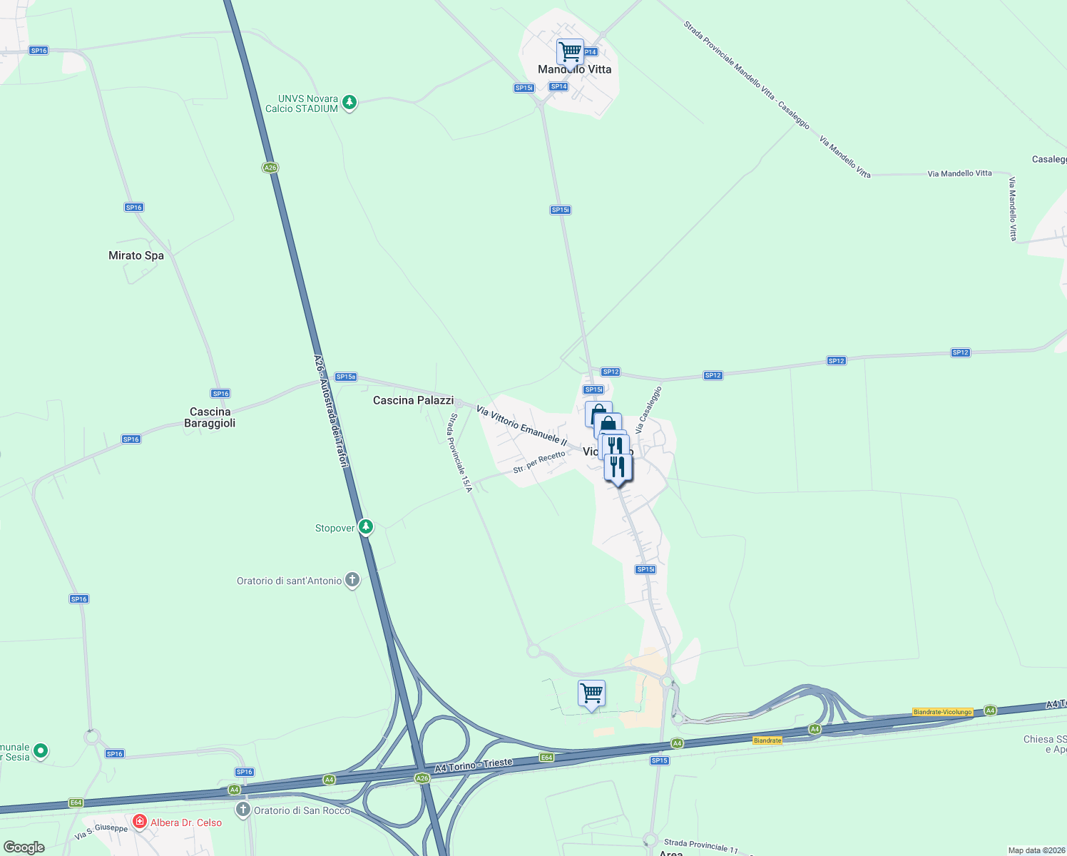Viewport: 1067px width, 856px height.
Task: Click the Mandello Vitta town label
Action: (574, 69)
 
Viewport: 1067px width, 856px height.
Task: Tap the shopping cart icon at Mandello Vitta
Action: (570, 52)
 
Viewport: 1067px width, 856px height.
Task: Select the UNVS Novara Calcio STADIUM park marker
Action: (349, 103)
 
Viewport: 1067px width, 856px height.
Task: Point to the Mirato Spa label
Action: (136, 255)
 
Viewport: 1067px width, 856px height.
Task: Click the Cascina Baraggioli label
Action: (210, 417)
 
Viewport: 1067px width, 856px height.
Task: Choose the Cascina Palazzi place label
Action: (413, 400)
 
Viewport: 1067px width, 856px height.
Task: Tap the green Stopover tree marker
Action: (366, 527)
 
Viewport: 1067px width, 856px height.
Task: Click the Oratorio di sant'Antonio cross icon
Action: (352, 580)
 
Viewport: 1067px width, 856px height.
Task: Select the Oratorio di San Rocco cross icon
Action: (243, 810)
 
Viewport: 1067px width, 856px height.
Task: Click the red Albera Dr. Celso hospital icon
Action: (139, 822)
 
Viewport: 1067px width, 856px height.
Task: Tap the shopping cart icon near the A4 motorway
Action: (591, 693)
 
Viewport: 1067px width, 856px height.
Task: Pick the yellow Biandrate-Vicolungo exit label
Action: (943, 712)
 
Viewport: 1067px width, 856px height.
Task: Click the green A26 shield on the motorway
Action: (270, 168)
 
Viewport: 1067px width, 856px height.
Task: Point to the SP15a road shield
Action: (346, 377)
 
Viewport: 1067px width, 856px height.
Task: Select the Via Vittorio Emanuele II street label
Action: (521, 426)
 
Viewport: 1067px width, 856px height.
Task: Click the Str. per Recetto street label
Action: (539, 462)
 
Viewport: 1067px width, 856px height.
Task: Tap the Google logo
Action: (24, 847)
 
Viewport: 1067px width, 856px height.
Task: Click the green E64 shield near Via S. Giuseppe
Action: (76, 802)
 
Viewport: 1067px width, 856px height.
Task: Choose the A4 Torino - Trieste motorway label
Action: (474, 765)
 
